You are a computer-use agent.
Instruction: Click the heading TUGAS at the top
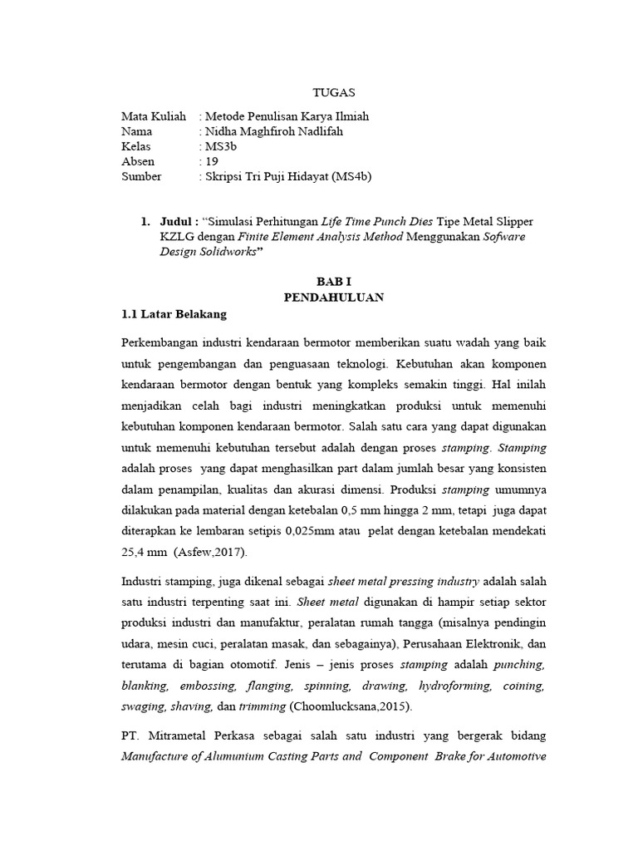click(332, 91)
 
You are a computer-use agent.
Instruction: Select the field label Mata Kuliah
click(154, 116)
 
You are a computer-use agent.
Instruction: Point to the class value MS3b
click(221, 146)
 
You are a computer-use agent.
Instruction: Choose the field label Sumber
click(141, 176)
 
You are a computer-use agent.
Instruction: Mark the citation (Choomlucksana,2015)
click(350, 706)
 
